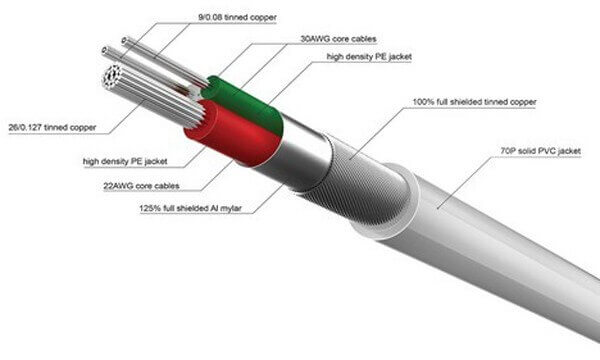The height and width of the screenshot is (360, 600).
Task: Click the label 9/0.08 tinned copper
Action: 237,17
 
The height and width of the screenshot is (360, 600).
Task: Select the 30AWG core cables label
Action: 338,39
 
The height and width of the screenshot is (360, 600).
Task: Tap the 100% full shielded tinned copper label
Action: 474,102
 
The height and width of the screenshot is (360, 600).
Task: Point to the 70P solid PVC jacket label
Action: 540,151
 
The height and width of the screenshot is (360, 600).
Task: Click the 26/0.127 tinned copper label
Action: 52,127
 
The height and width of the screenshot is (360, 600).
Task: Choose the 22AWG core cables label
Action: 141,186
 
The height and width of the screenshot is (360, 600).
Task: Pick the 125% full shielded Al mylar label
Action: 190,209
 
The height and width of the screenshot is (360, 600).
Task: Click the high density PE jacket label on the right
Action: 369,57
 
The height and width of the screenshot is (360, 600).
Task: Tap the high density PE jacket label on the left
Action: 125,161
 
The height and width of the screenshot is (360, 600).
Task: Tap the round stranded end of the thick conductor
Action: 112,77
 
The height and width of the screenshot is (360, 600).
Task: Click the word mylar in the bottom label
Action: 231,209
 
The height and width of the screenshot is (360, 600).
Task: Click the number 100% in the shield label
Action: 422,102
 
